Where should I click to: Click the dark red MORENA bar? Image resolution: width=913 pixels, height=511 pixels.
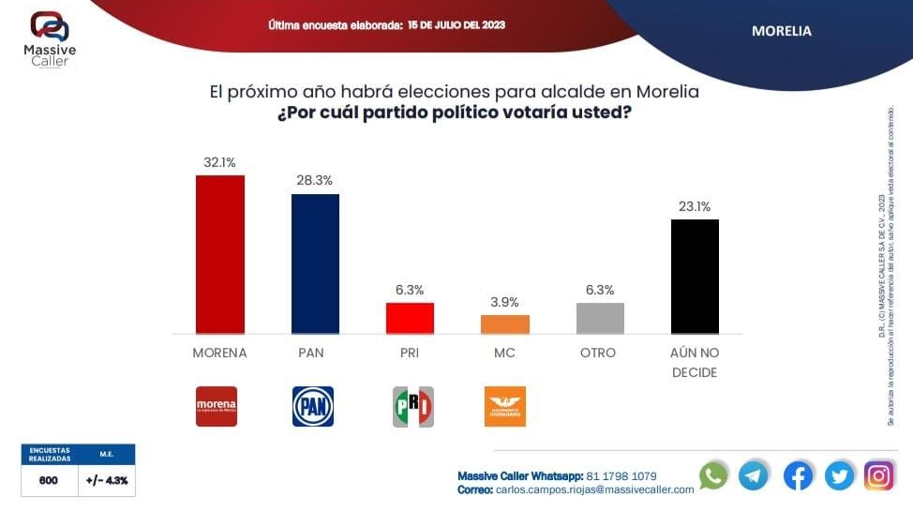tap(219, 254)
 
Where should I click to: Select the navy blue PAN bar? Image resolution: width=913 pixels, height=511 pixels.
tap(315, 263)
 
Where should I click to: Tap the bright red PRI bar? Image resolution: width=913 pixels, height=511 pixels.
tap(410, 318)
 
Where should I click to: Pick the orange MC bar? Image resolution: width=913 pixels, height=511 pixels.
tap(505, 324)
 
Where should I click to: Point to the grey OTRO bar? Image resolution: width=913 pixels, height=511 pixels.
tap(600, 318)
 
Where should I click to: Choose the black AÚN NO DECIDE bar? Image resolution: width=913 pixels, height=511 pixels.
tap(695, 276)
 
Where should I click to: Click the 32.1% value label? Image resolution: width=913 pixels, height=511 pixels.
tap(219, 162)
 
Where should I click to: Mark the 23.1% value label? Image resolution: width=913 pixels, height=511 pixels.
tap(695, 206)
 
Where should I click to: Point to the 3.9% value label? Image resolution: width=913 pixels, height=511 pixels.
tap(505, 302)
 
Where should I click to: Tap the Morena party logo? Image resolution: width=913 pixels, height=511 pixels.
tap(217, 406)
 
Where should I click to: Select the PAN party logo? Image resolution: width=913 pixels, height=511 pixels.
tap(313, 406)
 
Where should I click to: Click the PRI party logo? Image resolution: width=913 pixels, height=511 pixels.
tap(412, 406)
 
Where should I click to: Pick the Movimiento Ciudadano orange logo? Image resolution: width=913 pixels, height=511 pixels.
tap(504, 406)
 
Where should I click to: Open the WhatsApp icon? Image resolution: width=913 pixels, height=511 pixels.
tap(713, 475)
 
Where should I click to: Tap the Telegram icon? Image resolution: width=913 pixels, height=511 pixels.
tap(754, 475)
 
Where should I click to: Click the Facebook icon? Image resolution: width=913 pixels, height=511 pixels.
tap(798, 475)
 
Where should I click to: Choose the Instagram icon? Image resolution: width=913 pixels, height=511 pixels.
tap(878, 475)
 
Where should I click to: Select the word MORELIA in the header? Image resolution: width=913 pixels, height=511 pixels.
tap(782, 31)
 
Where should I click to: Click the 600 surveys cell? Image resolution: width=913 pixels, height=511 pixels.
tap(49, 480)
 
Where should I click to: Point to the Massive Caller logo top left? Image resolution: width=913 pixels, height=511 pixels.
tap(49, 38)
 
